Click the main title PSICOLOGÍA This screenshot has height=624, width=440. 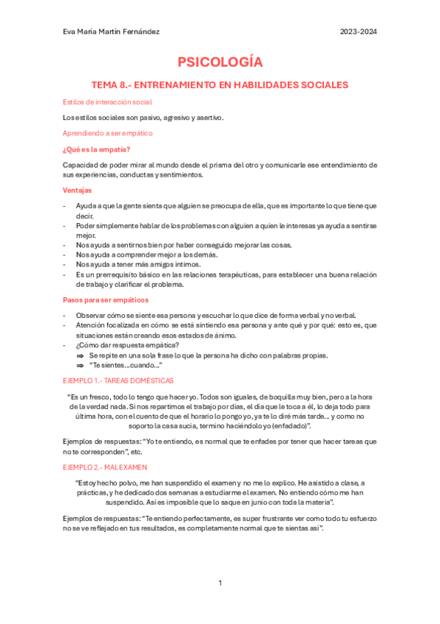[220, 62]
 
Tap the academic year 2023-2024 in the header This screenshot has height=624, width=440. [358, 32]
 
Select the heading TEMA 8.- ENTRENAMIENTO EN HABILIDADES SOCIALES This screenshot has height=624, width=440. [219, 85]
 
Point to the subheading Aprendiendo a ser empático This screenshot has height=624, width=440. [107, 133]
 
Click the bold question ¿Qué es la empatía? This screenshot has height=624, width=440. [96, 149]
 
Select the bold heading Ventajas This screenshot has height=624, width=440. [77, 190]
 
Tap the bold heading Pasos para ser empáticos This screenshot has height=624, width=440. [105, 299]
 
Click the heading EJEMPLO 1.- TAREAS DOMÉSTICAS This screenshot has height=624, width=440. [118, 380]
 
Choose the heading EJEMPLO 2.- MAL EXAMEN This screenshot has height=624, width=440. [105, 467]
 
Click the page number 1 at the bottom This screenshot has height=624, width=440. [220, 583]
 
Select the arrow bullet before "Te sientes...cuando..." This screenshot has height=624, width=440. [80, 365]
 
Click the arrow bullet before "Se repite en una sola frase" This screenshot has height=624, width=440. [80, 355]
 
